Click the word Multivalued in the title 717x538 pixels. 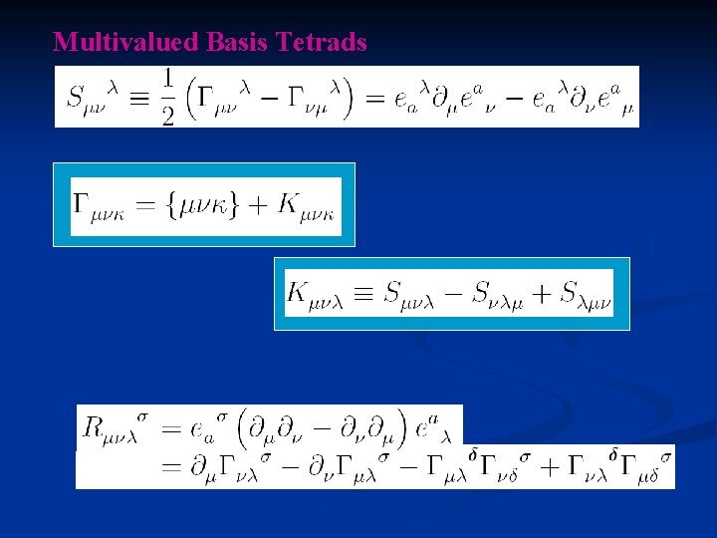coord(127,42)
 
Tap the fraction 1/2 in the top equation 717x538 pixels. coord(166,98)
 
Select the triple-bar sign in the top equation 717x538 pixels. coord(134,98)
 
